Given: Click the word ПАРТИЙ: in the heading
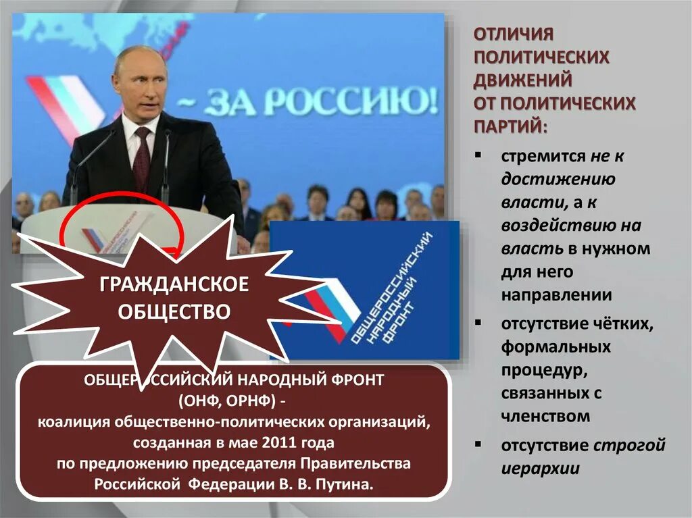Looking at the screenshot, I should point(511,126).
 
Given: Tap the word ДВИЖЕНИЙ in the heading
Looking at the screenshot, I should point(522,80).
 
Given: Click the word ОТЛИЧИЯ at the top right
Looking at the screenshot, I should point(513,33).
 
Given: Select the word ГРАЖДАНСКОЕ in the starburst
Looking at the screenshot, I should point(174,285).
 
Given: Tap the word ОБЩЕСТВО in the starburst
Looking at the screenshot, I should point(174,311).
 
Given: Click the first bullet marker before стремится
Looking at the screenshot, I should point(478,155).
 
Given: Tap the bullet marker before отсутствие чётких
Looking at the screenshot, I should point(478,322).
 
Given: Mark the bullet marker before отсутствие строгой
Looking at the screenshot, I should point(478,444).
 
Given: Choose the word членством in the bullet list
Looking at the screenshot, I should point(545,416).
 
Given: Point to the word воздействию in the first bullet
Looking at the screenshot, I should point(545,225).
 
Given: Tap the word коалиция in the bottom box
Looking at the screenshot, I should point(74,422).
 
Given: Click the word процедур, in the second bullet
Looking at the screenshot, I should point(539,370).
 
